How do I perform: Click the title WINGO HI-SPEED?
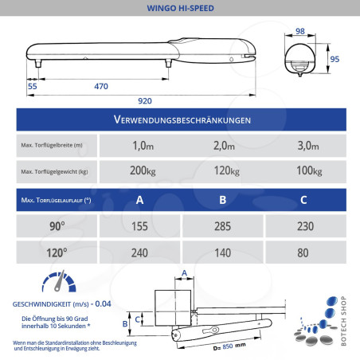click(x=180, y=10)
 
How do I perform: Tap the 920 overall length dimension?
click(x=145, y=101)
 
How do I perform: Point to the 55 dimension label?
click(x=32, y=84)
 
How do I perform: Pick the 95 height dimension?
click(x=335, y=58)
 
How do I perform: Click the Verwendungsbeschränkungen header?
click(x=180, y=119)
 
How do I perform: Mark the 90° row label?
click(x=57, y=226)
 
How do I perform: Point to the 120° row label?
click(x=57, y=252)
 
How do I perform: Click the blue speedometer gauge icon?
click(x=57, y=284)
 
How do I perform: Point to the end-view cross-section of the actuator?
click(x=303, y=58)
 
